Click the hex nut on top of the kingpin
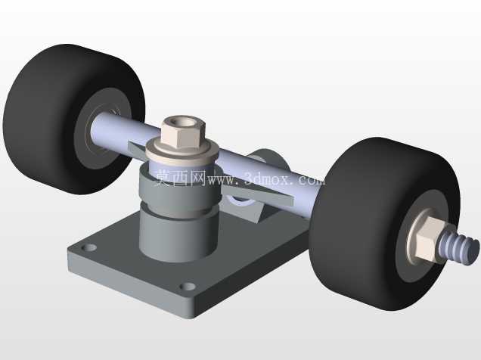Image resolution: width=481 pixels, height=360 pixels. pyautogui.click(x=183, y=133)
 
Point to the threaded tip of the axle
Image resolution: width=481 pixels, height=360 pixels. pyautogui.click(x=459, y=248)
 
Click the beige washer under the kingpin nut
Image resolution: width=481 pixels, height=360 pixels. pyautogui.click(x=182, y=153)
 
